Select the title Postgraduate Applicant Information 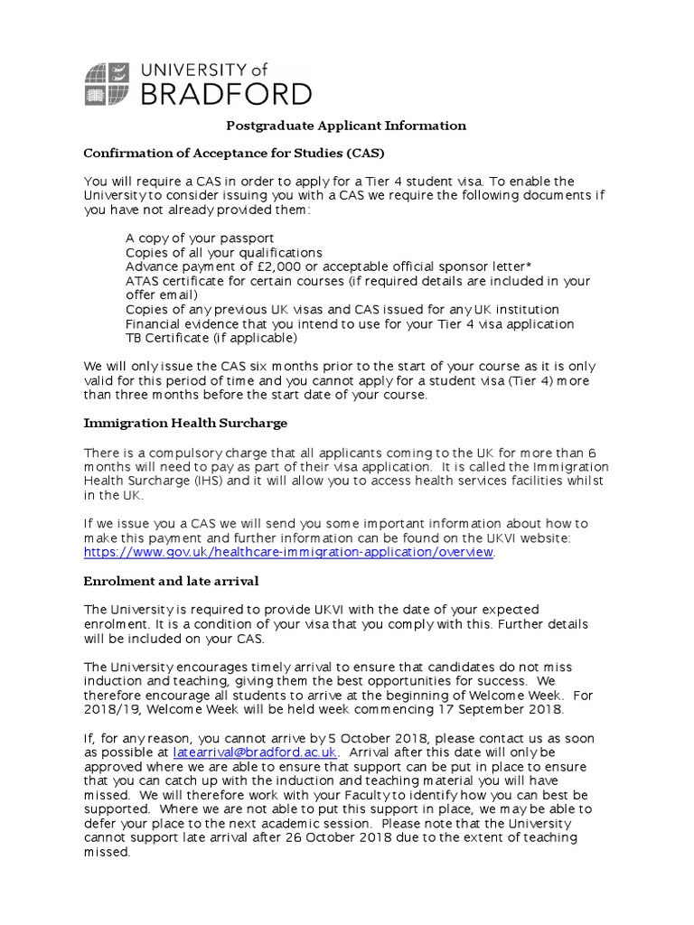[345, 126]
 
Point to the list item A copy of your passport [200, 238]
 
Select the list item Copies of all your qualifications [223, 252]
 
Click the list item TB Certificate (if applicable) [211, 338]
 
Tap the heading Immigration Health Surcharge [185, 423]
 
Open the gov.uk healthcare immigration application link [289, 552]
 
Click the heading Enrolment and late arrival [171, 580]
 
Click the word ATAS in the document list [143, 281]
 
